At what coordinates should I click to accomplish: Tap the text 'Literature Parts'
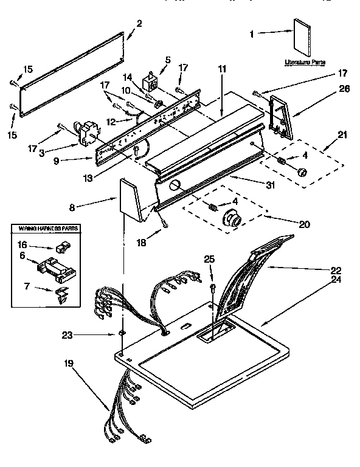pyautogui.click(x=304, y=63)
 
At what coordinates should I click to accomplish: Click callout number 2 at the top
pyautogui.click(x=139, y=24)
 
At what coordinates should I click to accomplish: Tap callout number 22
pyautogui.click(x=335, y=269)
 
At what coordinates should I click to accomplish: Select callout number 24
pyautogui.click(x=335, y=280)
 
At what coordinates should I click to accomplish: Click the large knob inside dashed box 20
pyautogui.click(x=231, y=218)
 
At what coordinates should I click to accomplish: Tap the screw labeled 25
pyautogui.click(x=212, y=287)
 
